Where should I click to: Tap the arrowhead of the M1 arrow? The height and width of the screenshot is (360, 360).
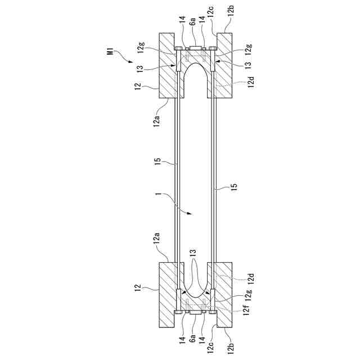tap(131, 61)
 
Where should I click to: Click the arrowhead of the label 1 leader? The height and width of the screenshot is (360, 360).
tap(191, 214)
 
